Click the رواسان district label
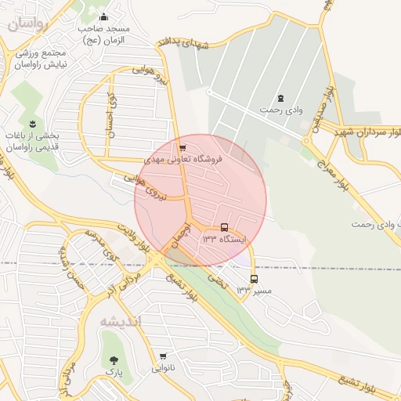click(29, 23)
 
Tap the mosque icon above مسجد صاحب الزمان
click(103, 17)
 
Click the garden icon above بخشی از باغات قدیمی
click(32, 123)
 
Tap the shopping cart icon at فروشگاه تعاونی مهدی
click(182, 146)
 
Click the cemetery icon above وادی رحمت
click(280, 98)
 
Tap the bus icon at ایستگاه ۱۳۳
click(225, 227)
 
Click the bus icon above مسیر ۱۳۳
click(254, 279)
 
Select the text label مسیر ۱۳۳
click(254, 291)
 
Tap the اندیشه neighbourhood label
click(120, 321)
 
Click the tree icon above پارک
click(115, 359)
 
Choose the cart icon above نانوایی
click(163, 356)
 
